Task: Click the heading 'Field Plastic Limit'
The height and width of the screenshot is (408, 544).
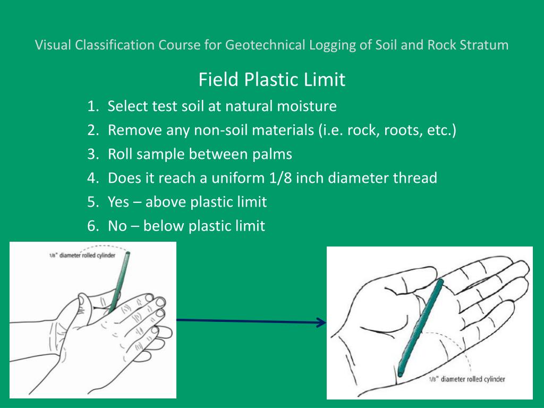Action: pos(271,80)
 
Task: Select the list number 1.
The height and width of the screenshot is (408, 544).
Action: pos(92,107)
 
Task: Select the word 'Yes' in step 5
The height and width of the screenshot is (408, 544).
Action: pos(118,202)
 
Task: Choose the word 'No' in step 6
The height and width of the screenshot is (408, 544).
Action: pos(117,226)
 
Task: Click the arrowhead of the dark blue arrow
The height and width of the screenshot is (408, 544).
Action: pos(321,322)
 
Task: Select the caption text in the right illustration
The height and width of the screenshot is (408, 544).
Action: pos(466,379)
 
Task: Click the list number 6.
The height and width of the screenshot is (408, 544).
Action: pos(92,226)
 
